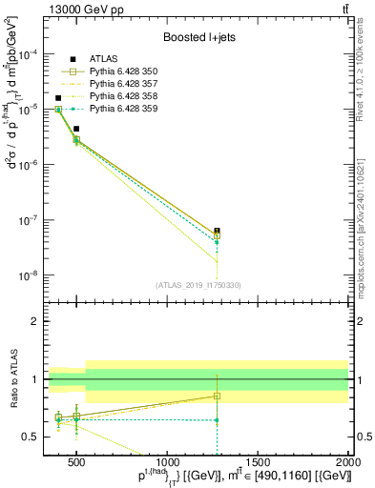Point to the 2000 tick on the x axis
(x=348, y=462)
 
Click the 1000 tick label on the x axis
(x=166, y=462)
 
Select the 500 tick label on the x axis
(x=76, y=462)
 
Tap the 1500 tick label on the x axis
(x=258, y=462)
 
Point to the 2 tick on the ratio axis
(x=36, y=321)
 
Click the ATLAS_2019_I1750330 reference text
(x=198, y=285)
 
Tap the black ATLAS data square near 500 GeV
(x=76, y=129)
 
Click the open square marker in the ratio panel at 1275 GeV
(x=217, y=396)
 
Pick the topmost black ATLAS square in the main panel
(x=58, y=98)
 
